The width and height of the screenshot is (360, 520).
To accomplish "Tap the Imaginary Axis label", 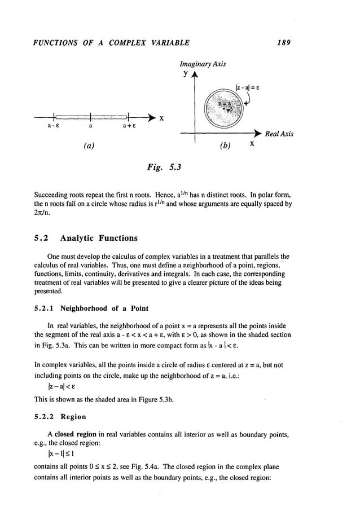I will pos(203,64).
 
